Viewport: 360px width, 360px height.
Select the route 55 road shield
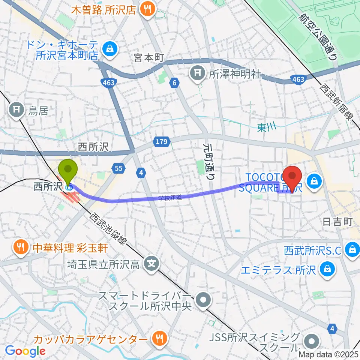click(x=119, y=169)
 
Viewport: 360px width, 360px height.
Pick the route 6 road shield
click(x=174, y=84)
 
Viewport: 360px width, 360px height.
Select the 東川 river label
click(x=267, y=128)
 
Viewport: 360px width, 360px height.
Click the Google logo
click(x=25, y=351)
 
